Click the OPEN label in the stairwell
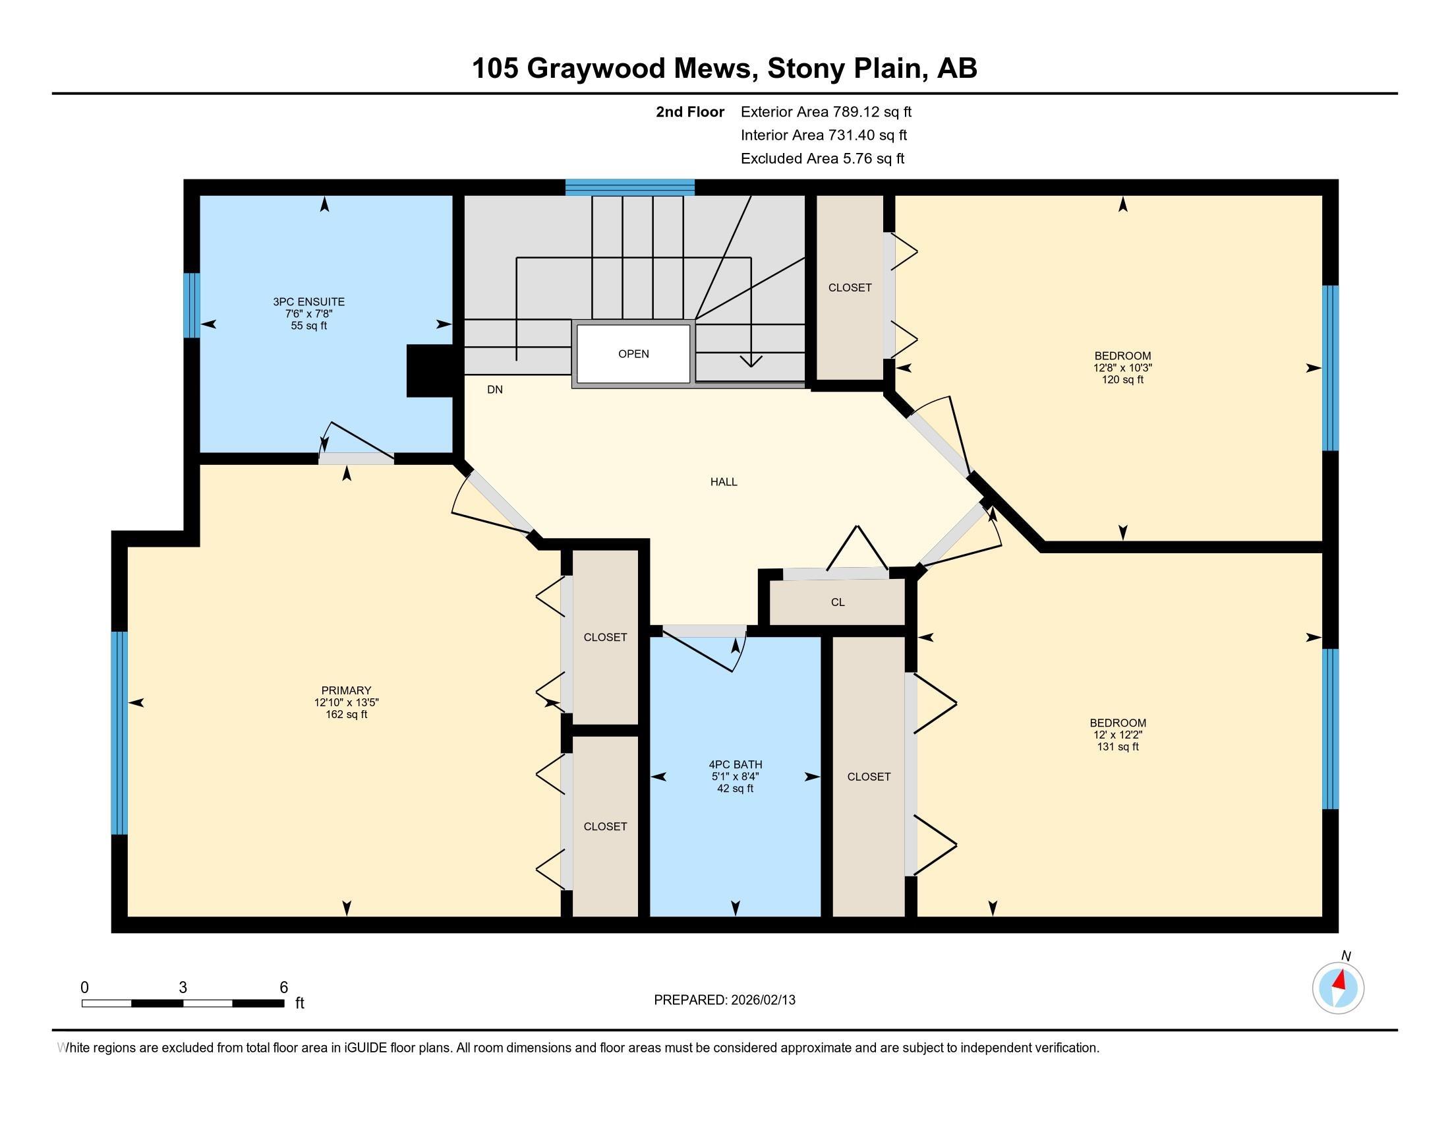pos(633,354)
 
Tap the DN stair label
pos(494,390)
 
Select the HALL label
pos(724,482)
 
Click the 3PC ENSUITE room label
pos(308,301)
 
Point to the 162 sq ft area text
pos(346,715)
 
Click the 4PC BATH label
pos(735,764)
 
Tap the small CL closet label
pos(837,602)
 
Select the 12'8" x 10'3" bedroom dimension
pos(1122,368)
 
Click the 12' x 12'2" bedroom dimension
pos(1117,735)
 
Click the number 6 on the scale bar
pos(283,988)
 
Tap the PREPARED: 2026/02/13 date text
pos(724,1000)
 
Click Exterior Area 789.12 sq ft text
pos(826,112)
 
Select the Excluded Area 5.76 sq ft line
pos(822,159)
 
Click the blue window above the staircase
pos(629,187)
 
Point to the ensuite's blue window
pos(191,305)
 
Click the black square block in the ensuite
pos(430,371)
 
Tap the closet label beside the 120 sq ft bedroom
pos(850,288)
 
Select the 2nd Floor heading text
pos(689,112)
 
